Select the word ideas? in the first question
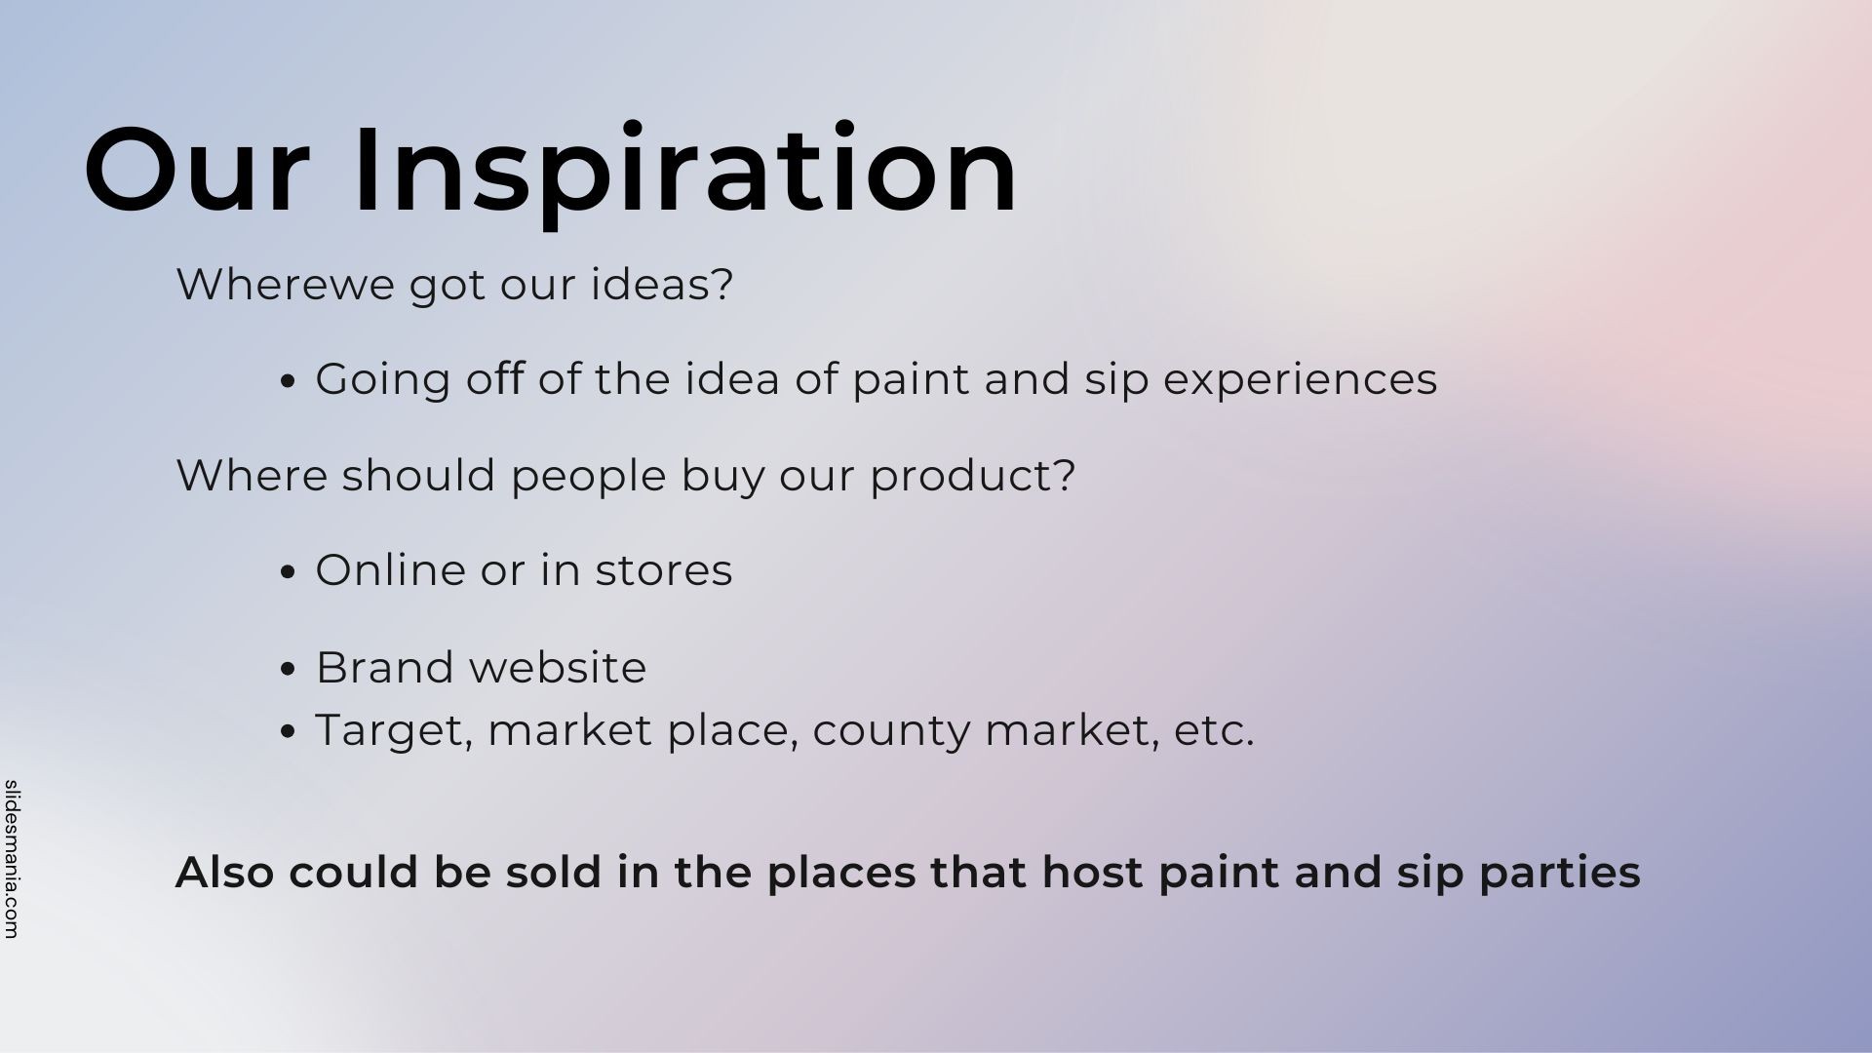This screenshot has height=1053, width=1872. (662, 285)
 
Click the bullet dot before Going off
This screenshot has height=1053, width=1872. (287, 382)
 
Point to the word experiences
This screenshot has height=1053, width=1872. (1301, 380)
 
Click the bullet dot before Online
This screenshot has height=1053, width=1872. (287, 573)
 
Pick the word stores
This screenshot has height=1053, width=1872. (664, 570)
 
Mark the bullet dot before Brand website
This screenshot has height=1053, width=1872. (287, 671)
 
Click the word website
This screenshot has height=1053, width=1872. (558, 668)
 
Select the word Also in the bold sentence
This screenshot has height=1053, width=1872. (224, 872)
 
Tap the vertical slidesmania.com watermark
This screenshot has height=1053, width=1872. (12, 859)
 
